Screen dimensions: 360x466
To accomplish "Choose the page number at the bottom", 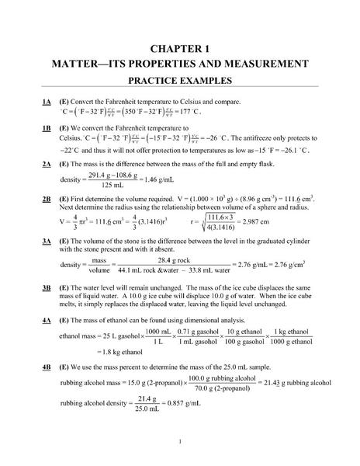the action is pos(179,443).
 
